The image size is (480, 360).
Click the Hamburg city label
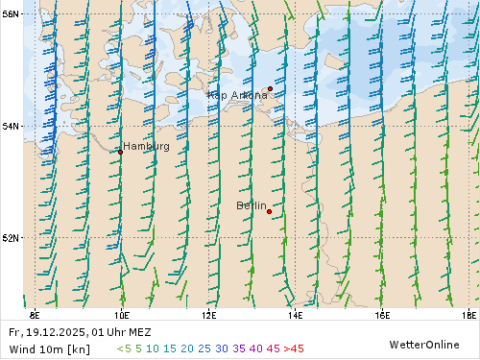[146, 147]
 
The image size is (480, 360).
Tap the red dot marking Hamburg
[120, 152]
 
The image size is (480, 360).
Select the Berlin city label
[252, 205]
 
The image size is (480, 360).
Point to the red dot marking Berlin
[269, 211]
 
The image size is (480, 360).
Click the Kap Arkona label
[237, 95]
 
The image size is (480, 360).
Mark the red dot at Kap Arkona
[270, 88]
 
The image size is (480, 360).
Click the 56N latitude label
[12, 14]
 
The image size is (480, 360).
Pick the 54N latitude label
[12, 126]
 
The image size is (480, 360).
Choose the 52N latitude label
[12, 237]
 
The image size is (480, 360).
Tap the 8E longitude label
[36, 314]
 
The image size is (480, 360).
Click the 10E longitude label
[122, 314]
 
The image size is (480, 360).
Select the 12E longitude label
[208, 314]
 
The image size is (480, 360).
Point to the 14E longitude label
[295, 314]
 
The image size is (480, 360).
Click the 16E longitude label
[382, 314]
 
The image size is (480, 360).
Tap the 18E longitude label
[468, 314]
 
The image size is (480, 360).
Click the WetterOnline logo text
[423, 344]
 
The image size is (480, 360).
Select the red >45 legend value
[294, 348]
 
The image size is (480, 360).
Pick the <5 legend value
[124, 348]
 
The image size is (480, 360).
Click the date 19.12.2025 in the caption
[51, 332]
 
